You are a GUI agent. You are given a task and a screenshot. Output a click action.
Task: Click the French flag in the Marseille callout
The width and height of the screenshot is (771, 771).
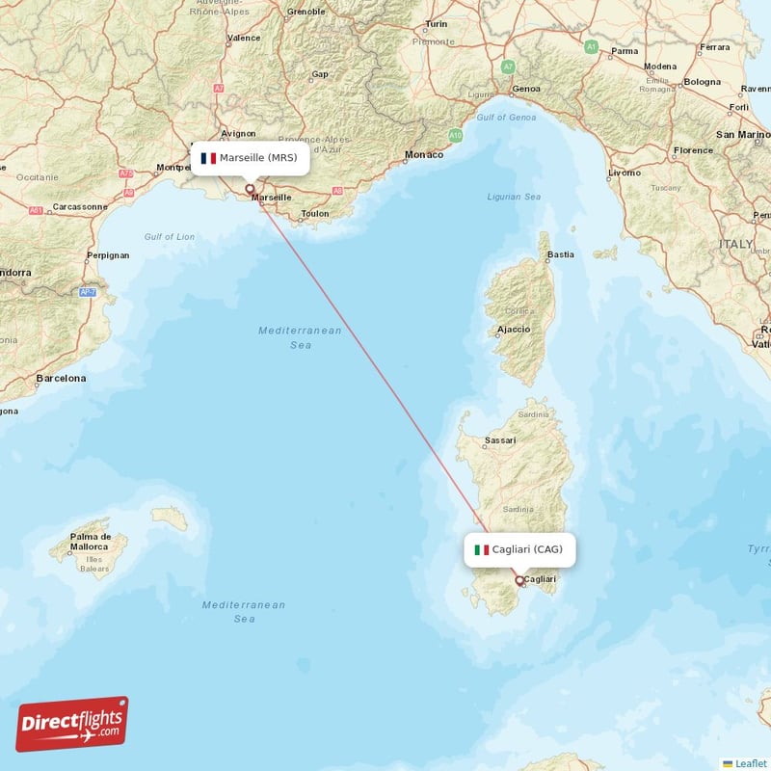pyautogui.click(x=207, y=158)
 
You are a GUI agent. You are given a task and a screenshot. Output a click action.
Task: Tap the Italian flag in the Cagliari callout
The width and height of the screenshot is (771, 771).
pyautogui.click(x=481, y=550)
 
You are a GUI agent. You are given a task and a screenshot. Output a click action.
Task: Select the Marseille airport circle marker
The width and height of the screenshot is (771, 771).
pyautogui.click(x=250, y=189)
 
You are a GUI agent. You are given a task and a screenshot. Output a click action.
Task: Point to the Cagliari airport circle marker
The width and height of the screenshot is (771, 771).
pyautogui.click(x=520, y=581)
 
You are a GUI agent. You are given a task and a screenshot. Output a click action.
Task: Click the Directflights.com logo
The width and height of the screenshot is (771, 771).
pyautogui.click(x=72, y=725)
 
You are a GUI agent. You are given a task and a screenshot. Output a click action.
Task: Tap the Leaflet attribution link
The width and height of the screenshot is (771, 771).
pyautogui.click(x=750, y=763)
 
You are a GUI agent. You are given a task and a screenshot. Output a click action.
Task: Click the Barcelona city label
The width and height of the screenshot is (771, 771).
pyautogui.click(x=61, y=379)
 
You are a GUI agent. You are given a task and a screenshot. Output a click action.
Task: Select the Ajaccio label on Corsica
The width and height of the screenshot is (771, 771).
pyautogui.click(x=514, y=330)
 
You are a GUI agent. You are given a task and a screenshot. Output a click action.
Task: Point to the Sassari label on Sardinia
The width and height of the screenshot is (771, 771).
pyautogui.click(x=500, y=440)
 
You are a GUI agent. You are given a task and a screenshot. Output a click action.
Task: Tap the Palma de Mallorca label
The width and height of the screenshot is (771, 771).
pyautogui.click(x=92, y=542)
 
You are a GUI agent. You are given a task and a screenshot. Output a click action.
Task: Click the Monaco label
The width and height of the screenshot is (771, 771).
pyautogui.click(x=424, y=154)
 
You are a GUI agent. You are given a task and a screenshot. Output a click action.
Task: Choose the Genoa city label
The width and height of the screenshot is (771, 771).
pyautogui.click(x=526, y=89)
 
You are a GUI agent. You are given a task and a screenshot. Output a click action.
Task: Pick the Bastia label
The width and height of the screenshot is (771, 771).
pyautogui.click(x=560, y=255)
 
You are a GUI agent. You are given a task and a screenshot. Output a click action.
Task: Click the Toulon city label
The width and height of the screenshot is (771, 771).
pyautogui.click(x=315, y=214)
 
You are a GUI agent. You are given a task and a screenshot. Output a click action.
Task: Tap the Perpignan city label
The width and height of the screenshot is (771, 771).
pyautogui.click(x=107, y=256)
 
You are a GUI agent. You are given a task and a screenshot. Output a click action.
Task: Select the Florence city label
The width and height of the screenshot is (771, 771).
pyautogui.click(x=694, y=150)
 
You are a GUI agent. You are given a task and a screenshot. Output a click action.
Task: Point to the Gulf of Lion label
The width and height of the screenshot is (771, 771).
pyautogui.click(x=170, y=237)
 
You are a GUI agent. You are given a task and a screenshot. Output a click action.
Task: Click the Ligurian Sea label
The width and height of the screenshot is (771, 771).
pyautogui.click(x=514, y=197)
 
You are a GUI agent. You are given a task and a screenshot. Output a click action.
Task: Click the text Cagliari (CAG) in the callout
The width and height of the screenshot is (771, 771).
pyautogui.click(x=527, y=549)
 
